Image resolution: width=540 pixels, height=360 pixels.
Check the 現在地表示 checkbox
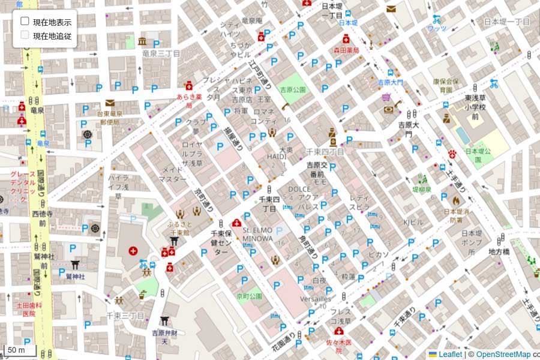pyautogui.click(x=25, y=21)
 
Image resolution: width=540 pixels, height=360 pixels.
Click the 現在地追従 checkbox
pyautogui.click(x=25, y=35)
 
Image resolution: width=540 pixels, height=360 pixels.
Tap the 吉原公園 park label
pyautogui.click(x=293, y=90)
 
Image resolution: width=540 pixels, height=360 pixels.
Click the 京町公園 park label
pyautogui.click(x=250, y=296)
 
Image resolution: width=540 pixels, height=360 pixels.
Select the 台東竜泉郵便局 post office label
pyautogui.click(x=110, y=118)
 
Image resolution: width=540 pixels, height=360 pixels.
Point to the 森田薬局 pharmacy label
pyautogui.click(x=346, y=51)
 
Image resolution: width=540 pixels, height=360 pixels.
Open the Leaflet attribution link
pyautogui.click(x=449, y=355)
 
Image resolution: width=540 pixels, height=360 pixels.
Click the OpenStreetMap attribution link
pyautogui.click(x=503, y=355)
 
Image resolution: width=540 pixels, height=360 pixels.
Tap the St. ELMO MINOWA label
pyautogui.click(x=258, y=234)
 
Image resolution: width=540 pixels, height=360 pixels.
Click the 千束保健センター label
pyautogui.click(x=221, y=242)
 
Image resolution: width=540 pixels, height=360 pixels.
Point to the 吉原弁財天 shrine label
pyautogui.click(x=164, y=337)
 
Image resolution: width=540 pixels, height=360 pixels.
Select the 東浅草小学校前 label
pyautogui.click(x=475, y=107)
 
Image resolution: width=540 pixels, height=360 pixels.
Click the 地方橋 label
pyautogui.click(x=499, y=251)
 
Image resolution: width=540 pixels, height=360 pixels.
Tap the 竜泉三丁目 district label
pyautogui.click(x=161, y=53)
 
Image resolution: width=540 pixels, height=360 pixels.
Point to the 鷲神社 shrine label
pyautogui.click(x=76, y=276)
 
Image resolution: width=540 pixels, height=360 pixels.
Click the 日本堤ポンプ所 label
pyautogui.click(x=472, y=242)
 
